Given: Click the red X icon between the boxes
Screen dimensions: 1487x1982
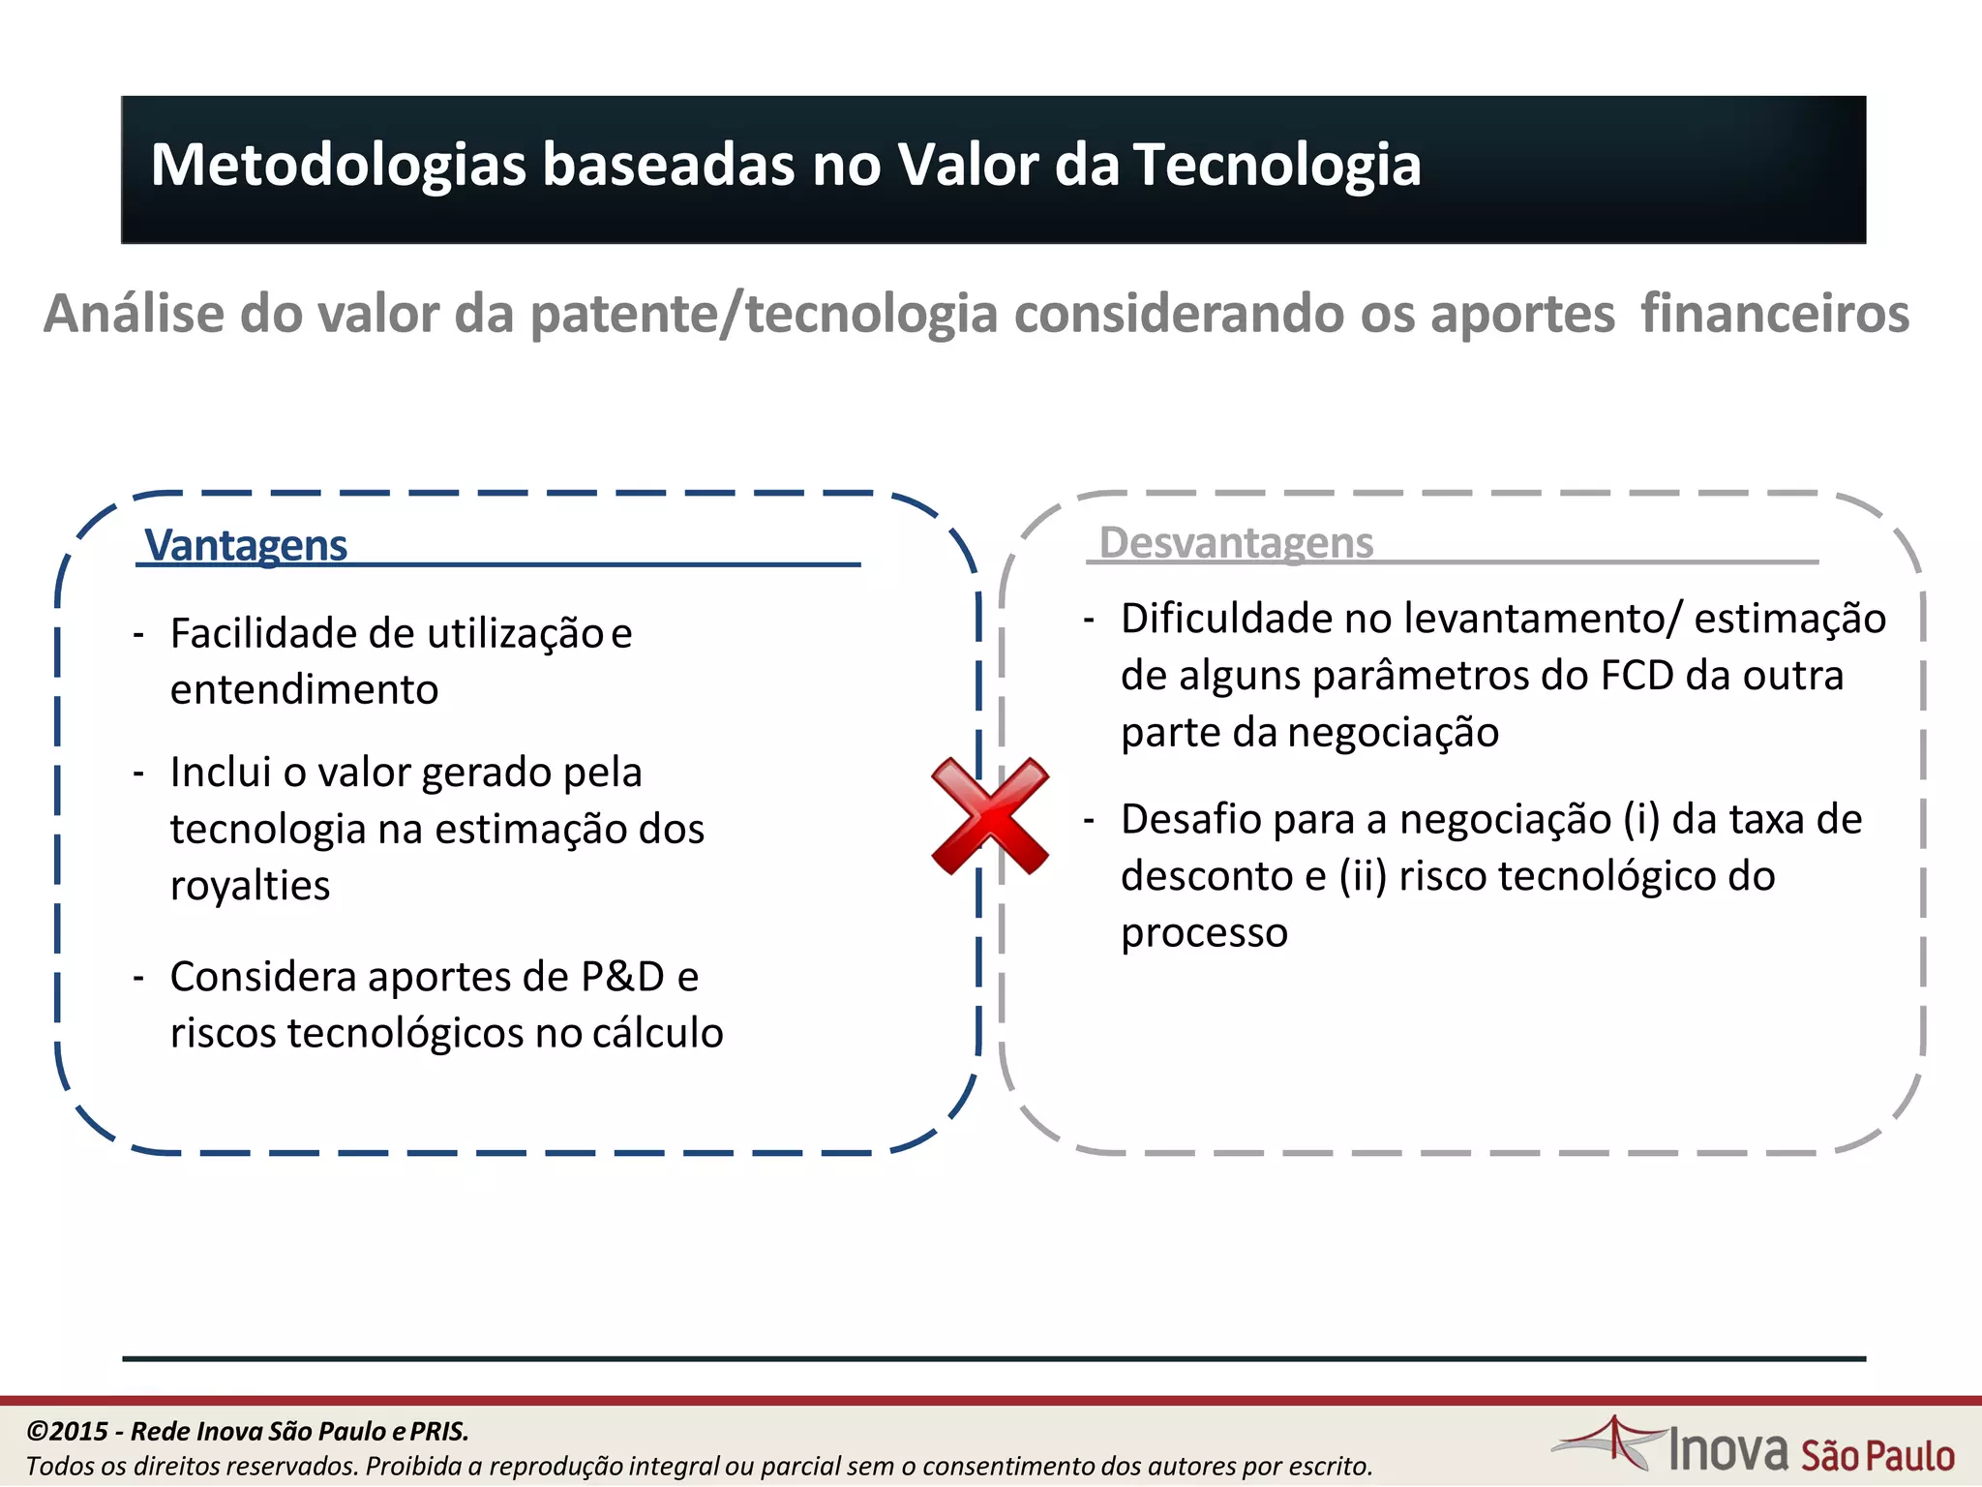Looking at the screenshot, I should coord(990,816).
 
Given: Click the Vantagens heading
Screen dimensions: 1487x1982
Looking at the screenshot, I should coord(246,545).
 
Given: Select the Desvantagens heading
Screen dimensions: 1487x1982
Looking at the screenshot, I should coord(1236,542).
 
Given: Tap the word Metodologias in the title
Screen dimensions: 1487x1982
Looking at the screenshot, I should coord(339,165).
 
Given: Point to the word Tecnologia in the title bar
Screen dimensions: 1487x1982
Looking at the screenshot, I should coord(1276,165).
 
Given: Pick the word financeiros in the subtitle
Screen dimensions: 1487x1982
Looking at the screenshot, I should coord(1775,314).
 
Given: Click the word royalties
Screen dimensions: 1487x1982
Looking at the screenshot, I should coord(250,886).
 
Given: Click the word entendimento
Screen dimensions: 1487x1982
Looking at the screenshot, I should coord(304,690).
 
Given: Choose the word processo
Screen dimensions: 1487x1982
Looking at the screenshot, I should coord(1204,933).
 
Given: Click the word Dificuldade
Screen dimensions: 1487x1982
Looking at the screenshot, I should coord(1226,619).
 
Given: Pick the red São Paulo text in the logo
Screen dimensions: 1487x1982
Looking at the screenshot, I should coord(1877,1456).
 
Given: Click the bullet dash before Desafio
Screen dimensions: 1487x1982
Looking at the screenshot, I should coord(1089,821).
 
